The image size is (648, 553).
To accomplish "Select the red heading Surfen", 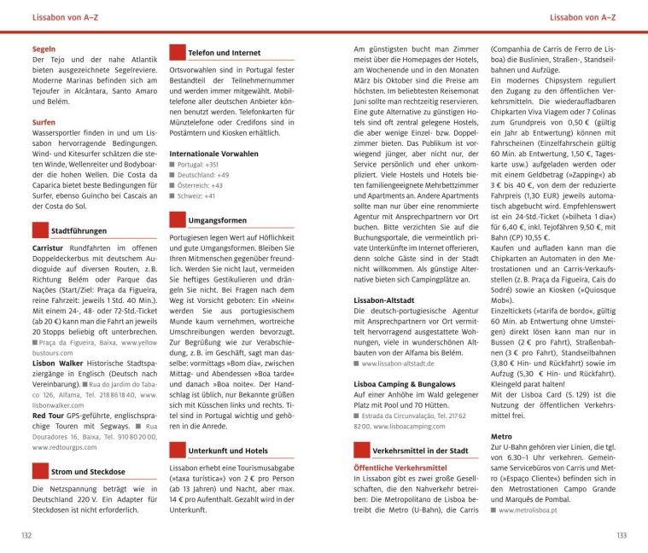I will (x=44, y=122).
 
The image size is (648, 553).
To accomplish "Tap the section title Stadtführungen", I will (x=79, y=230).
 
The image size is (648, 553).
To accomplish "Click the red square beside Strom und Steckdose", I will (x=39, y=469).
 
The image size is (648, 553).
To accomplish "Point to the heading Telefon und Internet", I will (x=224, y=53).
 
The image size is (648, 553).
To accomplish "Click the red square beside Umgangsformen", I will (x=177, y=220).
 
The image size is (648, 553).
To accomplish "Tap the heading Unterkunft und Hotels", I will (x=227, y=450).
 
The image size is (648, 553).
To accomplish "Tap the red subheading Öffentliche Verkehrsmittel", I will (x=400, y=468).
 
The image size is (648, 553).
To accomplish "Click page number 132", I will (x=26, y=535).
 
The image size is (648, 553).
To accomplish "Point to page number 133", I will (x=621, y=535).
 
